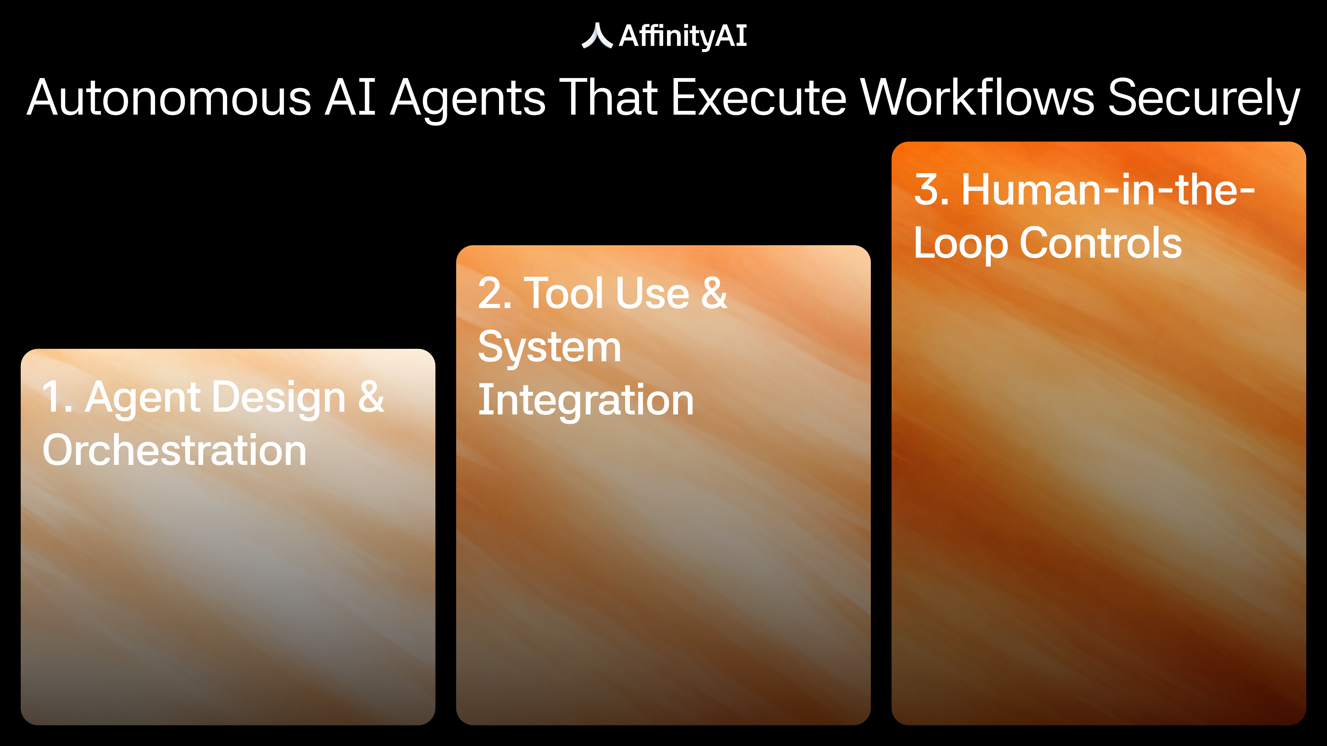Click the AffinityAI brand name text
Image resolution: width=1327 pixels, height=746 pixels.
(683, 36)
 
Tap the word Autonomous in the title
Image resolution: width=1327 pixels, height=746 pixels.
(169, 97)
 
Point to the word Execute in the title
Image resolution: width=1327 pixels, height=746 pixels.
(759, 97)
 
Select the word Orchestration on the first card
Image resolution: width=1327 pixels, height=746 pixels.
(175, 450)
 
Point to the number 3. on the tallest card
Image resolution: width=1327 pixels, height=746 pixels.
(932, 190)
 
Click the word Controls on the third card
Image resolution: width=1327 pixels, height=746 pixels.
(1101, 243)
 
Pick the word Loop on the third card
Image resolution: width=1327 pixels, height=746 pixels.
(961, 245)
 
